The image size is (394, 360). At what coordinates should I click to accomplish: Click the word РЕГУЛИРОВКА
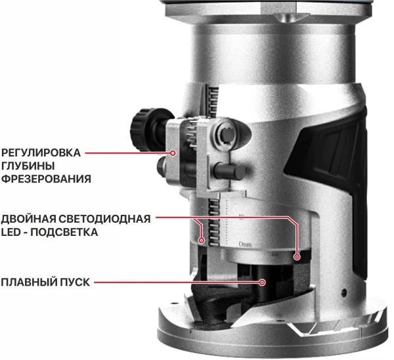[x=40, y=153]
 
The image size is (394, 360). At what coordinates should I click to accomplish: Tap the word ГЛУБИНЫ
[x=26, y=166]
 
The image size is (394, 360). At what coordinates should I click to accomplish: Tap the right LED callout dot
[x=296, y=256]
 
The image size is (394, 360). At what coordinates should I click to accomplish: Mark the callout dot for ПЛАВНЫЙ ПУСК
[x=263, y=282]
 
